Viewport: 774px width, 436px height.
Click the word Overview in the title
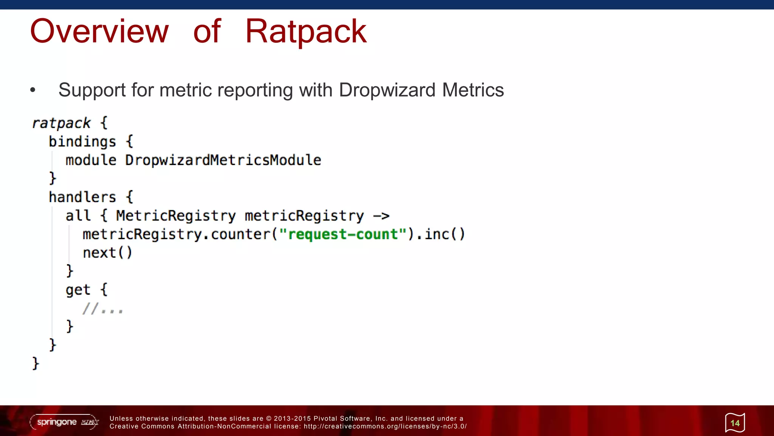[99, 31]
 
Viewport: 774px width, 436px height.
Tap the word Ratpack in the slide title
[306, 31]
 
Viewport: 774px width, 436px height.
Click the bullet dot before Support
[33, 90]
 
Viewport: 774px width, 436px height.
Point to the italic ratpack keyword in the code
[61, 123]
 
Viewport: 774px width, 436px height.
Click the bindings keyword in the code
[82, 142]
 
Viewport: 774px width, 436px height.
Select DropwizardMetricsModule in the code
[223, 160]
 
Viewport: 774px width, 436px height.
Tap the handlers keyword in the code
[82, 197]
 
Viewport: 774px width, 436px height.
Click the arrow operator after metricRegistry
[381, 216]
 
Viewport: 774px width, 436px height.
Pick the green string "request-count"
[343, 234]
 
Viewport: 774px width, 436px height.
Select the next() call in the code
[107, 253]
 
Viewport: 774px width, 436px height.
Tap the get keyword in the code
[78, 290]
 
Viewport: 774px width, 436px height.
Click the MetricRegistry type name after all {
[176, 216]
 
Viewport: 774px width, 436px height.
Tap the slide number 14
[735, 423]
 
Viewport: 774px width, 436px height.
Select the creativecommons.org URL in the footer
[385, 427]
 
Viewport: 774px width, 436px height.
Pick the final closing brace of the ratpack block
[36, 363]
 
